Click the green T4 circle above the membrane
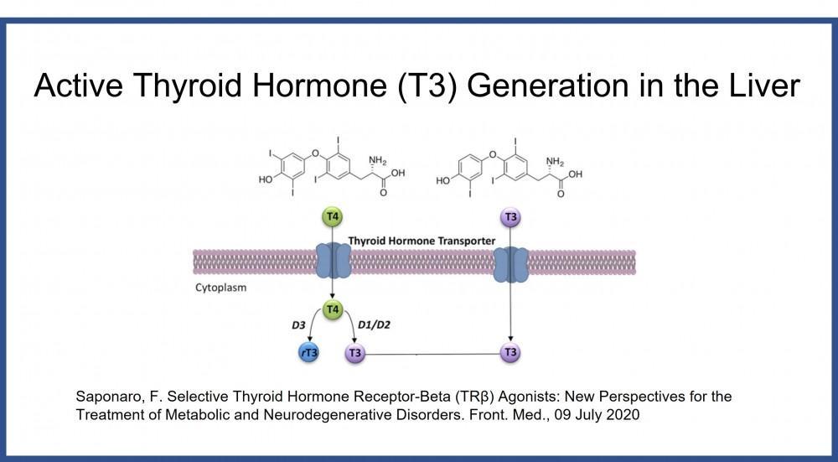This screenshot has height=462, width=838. (x=333, y=217)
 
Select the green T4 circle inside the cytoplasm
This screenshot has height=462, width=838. (x=333, y=310)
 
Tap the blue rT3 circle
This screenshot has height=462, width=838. (x=309, y=353)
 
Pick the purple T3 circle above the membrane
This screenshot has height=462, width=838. (x=510, y=217)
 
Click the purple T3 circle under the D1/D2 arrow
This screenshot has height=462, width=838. (x=355, y=353)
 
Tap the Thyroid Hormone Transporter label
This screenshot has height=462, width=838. (x=421, y=241)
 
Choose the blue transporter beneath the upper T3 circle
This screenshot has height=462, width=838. (x=510, y=263)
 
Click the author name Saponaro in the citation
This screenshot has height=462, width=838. (x=106, y=395)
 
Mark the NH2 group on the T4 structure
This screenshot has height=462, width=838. (x=378, y=160)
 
